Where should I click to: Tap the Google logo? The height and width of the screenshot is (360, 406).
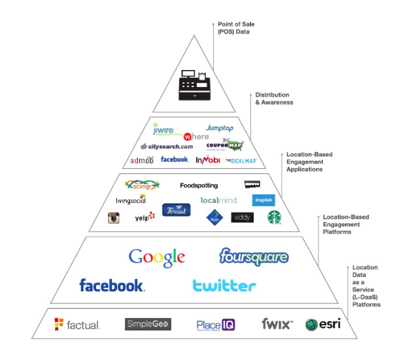(x=157, y=257)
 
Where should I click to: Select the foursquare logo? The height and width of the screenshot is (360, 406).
(x=254, y=255)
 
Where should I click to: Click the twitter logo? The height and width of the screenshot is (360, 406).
(x=224, y=285)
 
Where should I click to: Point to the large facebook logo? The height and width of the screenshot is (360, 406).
(x=112, y=285)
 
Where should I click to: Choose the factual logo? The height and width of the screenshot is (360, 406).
(x=77, y=324)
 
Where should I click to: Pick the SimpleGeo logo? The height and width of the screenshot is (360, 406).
(x=148, y=324)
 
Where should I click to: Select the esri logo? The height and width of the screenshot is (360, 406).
(x=322, y=324)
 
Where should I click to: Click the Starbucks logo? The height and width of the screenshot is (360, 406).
(x=275, y=217)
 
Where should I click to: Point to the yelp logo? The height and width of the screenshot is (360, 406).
(x=144, y=216)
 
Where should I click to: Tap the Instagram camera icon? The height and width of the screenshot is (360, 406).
(x=114, y=218)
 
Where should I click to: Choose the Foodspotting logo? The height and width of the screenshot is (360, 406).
(x=199, y=186)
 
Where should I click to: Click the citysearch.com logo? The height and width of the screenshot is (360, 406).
(x=167, y=146)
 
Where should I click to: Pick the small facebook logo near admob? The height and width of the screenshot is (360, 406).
(x=175, y=159)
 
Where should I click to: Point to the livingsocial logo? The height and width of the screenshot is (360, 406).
(x=130, y=199)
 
